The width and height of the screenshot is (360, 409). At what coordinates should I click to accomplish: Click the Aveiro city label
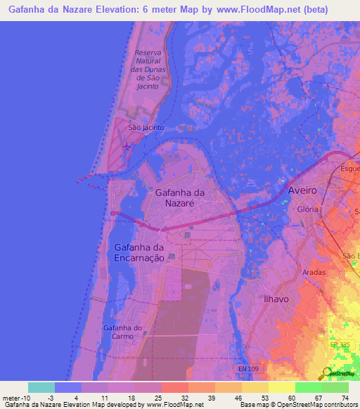(x=303, y=191)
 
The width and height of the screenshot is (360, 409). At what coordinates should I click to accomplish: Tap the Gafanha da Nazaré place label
(x=179, y=197)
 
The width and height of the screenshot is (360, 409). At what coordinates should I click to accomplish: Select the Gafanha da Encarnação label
(x=139, y=252)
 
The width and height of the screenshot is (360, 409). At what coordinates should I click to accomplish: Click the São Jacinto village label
(x=146, y=128)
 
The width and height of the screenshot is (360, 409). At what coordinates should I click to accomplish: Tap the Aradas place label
(x=314, y=271)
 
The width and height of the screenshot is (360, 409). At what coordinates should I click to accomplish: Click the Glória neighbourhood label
(x=309, y=209)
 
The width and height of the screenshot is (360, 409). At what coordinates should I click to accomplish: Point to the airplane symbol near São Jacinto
(x=127, y=146)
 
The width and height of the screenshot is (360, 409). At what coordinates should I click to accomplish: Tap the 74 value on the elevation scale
(x=345, y=397)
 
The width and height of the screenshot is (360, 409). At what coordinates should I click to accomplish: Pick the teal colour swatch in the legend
(x=41, y=387)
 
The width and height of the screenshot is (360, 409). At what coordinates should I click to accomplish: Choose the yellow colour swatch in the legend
(x=281, y=387)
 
